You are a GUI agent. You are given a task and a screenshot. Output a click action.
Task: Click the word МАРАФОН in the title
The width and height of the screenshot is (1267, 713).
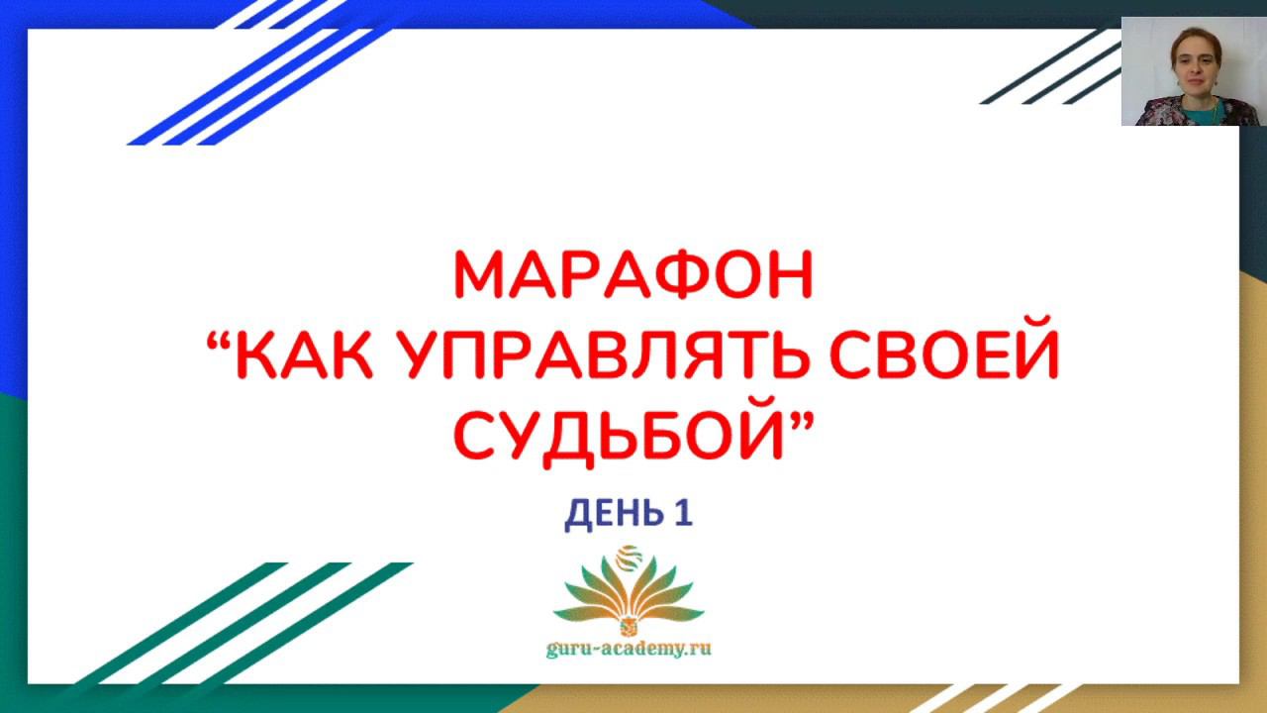pos(633,274)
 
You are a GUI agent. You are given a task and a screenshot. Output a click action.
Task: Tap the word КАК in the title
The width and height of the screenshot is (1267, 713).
pos(304,354)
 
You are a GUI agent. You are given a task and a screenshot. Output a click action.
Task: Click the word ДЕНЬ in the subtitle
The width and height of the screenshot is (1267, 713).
pos(614,514)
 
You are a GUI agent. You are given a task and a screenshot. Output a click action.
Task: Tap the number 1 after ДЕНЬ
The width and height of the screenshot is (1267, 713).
pos(683,512)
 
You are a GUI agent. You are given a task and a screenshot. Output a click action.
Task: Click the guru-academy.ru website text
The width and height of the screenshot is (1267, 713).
pos(629,649)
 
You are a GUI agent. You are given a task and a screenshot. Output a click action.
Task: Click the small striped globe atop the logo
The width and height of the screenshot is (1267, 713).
pos(629,558)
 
